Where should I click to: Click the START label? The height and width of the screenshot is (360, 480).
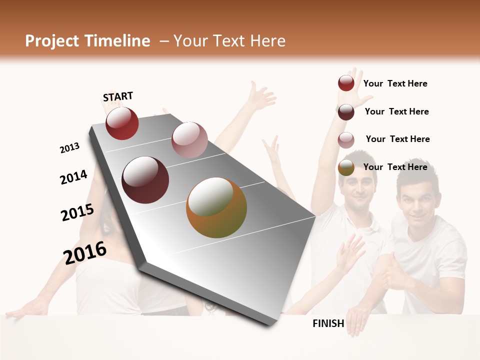point(118,96)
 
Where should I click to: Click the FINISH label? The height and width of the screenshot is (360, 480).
point(328,323)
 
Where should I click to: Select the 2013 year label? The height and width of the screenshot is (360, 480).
point(69,148)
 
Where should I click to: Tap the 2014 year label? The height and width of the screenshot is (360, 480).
point(73,177)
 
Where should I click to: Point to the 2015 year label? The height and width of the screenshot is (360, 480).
point(77,212)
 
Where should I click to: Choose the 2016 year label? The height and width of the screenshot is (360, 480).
point(85,252)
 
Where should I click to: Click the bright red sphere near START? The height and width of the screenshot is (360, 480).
point(122,123)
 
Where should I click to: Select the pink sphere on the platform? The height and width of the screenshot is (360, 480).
point(189,139)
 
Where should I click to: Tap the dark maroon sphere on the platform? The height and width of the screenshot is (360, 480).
point(145,180)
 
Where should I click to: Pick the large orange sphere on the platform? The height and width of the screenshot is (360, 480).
point(216,207)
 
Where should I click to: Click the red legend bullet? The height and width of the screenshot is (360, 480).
point(346,83)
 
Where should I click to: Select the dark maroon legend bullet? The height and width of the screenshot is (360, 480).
point(346,112)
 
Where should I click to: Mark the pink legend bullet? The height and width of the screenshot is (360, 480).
point(346,140)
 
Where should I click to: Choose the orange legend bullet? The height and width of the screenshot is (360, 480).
point(346,168)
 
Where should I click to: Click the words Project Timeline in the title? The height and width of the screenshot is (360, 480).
point(87,41)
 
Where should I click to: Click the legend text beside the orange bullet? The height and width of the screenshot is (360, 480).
point(395,167)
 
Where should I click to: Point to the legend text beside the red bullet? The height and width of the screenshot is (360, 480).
point(395,83)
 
